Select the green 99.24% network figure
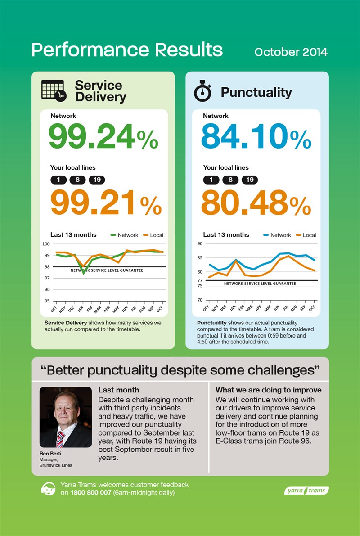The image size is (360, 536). pos(103,136)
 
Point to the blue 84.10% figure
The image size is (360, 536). pos(256,136)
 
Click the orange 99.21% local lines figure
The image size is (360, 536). pos(106,203)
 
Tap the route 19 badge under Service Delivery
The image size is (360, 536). pos(97,180)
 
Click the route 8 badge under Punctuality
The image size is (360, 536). pos(230,180)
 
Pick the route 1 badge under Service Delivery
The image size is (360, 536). pos(58,180)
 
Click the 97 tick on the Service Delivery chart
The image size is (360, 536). pos(46,278)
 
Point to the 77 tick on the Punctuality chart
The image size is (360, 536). pos(200,280)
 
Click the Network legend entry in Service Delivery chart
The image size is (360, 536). pos(125,235)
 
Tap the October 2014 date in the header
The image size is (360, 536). pos(291,52)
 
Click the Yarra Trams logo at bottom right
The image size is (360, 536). pos(307,490)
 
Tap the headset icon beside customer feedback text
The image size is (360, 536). pos(48,489)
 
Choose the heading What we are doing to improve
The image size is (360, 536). pos(269,390)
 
